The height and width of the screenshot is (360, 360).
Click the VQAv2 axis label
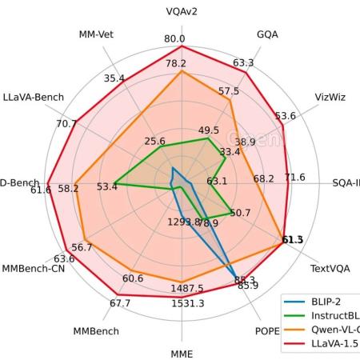182,12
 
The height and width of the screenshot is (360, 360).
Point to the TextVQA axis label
330,269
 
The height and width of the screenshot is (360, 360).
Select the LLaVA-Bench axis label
34,98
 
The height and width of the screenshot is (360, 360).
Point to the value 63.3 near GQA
243,63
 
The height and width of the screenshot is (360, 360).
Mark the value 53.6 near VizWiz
285,116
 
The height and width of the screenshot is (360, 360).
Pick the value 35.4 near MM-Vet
114,78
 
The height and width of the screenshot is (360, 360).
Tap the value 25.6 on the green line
155,142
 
